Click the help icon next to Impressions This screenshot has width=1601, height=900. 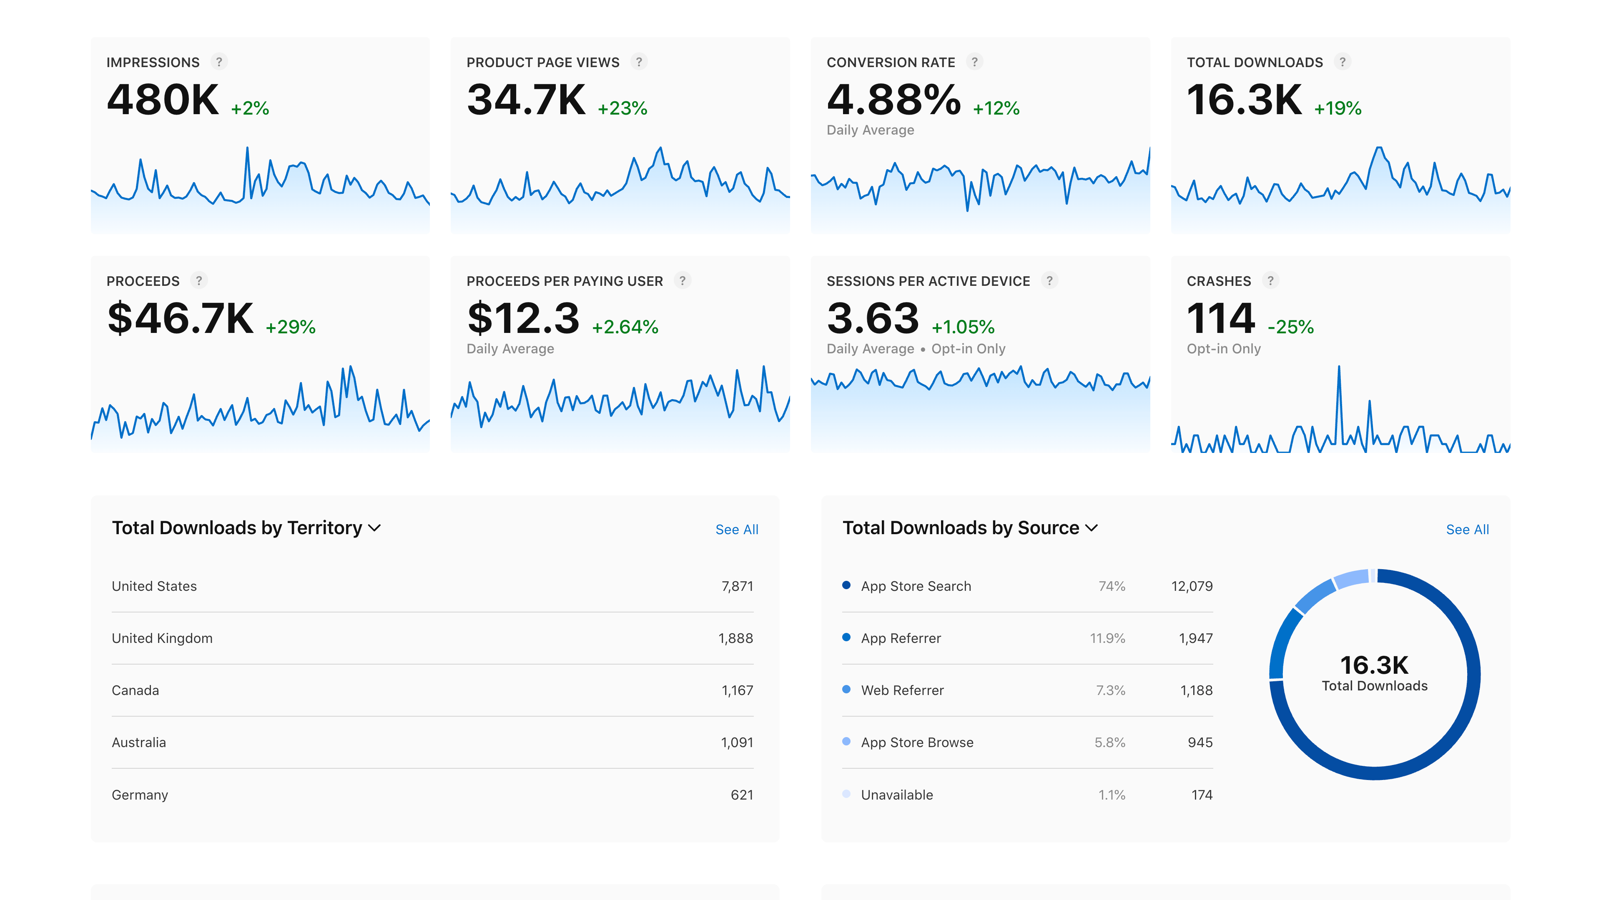[219, 62]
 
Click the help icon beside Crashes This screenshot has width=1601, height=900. [1270, 281]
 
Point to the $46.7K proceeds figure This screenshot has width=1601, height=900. [180, 319]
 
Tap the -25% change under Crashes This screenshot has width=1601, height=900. [1290, 327]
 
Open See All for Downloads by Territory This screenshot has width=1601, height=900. [736, 530]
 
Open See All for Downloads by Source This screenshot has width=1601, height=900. [1467, 530]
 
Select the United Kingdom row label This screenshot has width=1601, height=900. [162, 638]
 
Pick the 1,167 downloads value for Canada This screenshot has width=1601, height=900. [737, 691]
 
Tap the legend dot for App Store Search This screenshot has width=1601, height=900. [846, 585]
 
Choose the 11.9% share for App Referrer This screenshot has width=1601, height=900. [1107, 638]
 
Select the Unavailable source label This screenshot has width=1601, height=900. [897, 795]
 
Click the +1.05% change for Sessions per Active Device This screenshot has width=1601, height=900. [963, 327]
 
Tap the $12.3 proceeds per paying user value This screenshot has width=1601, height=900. [523, 319]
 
